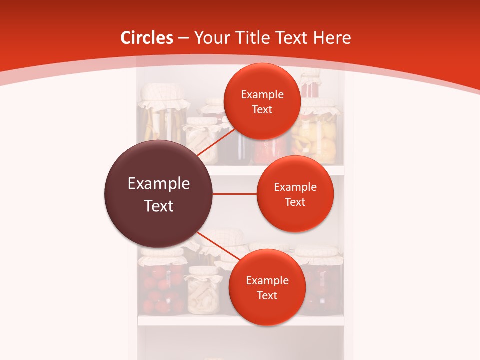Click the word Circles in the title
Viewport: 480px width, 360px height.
click(x=146, y=38)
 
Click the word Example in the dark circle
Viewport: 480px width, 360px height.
click(x=158, y=184)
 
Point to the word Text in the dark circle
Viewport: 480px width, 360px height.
click(x=158, y=206)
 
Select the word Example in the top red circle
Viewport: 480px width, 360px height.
click(x=262, y=95)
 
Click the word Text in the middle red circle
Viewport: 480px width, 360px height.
click(x=295, y=202)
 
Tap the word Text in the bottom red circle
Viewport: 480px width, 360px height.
click(x=267, y=296)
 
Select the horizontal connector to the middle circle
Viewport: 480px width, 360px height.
click(x=235, y=194)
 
